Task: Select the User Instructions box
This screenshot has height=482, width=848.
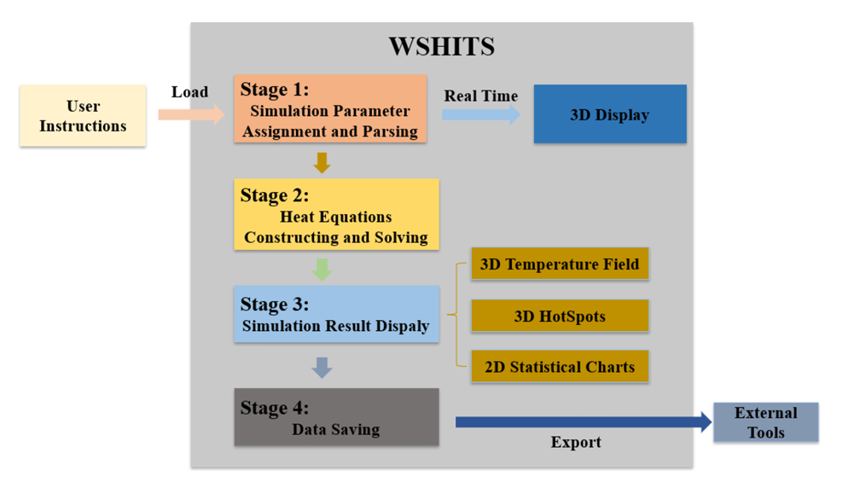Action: click(83, 116)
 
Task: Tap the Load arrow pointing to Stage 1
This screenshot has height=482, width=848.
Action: click(189, 115)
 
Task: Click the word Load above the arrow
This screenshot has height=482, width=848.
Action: click(189, 92)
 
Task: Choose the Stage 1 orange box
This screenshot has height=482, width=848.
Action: click(330, 108)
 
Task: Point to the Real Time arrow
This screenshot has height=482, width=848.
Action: click(480, 115)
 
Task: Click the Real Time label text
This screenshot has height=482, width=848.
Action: click(480, 96)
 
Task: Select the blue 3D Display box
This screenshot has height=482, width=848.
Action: click(609, 114)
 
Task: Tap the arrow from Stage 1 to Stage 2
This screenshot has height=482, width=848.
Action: click(322, 161)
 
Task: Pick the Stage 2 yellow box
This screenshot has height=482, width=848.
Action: click(336, 215)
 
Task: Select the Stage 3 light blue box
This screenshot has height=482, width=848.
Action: click(336, 314)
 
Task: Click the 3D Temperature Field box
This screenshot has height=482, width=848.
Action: click(559, 264)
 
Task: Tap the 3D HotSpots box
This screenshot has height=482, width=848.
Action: click(559, 316)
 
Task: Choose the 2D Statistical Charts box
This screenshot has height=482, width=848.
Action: click(559, 367)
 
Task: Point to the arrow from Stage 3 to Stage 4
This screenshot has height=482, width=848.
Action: click(322, 368)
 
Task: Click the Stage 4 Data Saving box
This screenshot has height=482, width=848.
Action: click(336, 417)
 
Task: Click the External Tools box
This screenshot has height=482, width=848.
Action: click(765, 422)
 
